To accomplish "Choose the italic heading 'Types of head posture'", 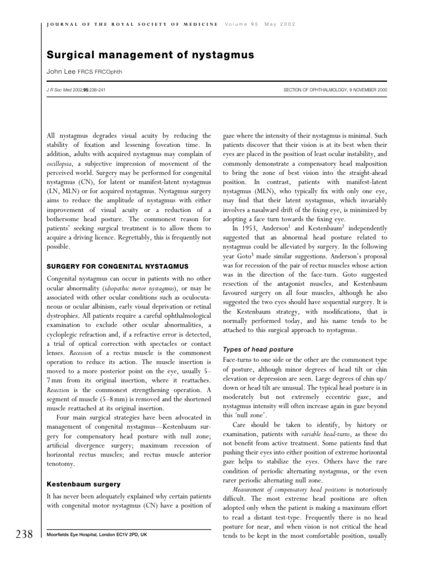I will (257, 349).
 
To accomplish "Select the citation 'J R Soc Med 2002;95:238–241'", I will (71, 89).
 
